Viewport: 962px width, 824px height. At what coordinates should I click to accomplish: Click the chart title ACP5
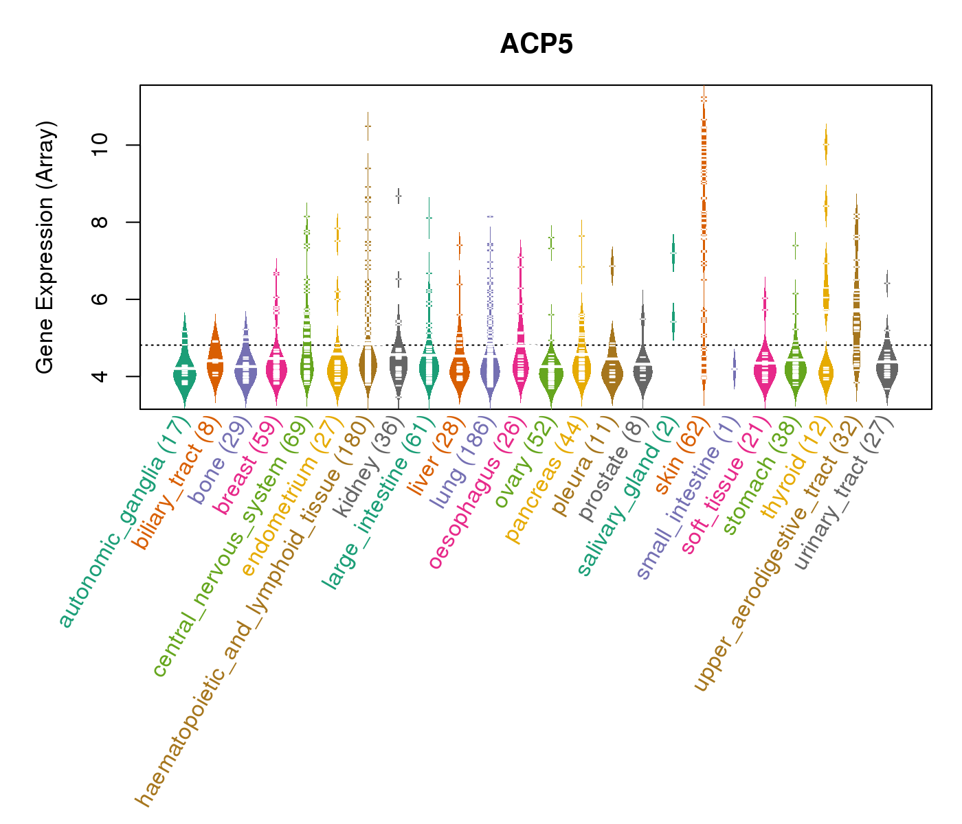pos(536,45)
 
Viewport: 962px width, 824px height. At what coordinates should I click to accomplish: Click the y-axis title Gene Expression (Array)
pos(45,247)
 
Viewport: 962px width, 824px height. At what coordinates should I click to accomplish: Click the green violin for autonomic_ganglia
pos(184,374)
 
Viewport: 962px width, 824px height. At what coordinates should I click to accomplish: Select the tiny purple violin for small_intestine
pos(734,369)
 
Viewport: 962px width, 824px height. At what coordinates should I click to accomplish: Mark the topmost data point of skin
pos(704,99)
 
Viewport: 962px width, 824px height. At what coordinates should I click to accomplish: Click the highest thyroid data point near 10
pos(826,144)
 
